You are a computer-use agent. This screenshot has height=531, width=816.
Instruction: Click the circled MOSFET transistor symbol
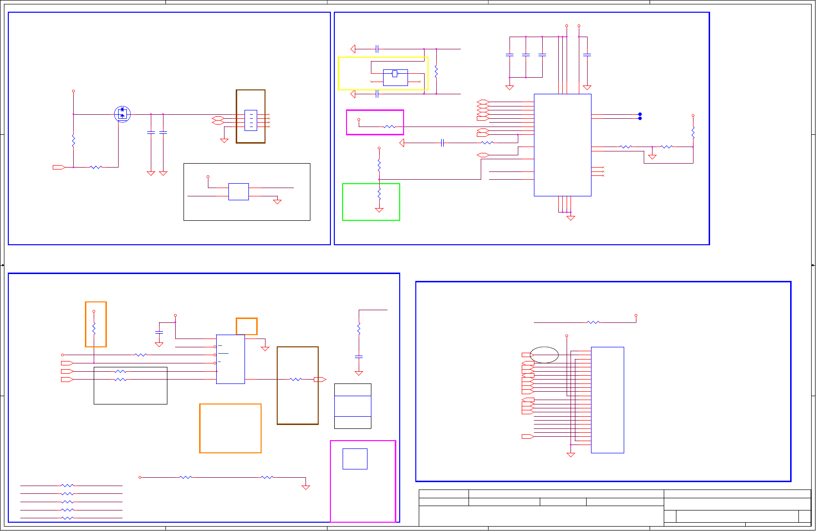[122, 114]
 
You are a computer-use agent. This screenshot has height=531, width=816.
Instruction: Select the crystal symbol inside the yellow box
[395, 74]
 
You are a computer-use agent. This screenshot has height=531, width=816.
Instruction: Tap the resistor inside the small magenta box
[389, 127]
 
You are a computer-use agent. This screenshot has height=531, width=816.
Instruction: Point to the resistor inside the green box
[379, 193]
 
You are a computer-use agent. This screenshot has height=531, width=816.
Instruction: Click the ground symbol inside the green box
[379, 210]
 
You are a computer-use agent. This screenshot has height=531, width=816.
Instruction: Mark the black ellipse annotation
[544, 355]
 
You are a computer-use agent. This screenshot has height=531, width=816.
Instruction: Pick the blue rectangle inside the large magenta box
[355, 459]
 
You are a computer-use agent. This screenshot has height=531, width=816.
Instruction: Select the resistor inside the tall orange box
[94, 327]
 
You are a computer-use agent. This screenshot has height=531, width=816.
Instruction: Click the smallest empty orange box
[246, 326]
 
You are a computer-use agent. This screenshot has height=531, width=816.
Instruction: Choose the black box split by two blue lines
[353, 406]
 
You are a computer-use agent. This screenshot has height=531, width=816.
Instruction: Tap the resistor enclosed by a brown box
[296, 379]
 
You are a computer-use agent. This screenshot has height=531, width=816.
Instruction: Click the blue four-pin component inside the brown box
[250, 120]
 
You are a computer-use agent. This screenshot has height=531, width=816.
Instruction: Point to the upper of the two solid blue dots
[640, 114]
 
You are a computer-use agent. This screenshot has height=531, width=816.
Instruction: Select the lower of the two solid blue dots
[640, 118]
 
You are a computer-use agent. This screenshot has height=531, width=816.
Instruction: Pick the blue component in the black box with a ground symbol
[239, 191]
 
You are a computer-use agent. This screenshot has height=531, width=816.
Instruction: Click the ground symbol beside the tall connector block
[571, 455]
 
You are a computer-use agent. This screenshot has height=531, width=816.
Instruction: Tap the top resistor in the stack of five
[67, 486]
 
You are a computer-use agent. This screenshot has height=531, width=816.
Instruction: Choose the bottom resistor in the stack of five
[67, 518]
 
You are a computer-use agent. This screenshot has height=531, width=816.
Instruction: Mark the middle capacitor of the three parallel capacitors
[526, 55]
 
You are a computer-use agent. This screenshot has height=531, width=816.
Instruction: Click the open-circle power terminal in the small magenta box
[359, 119]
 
